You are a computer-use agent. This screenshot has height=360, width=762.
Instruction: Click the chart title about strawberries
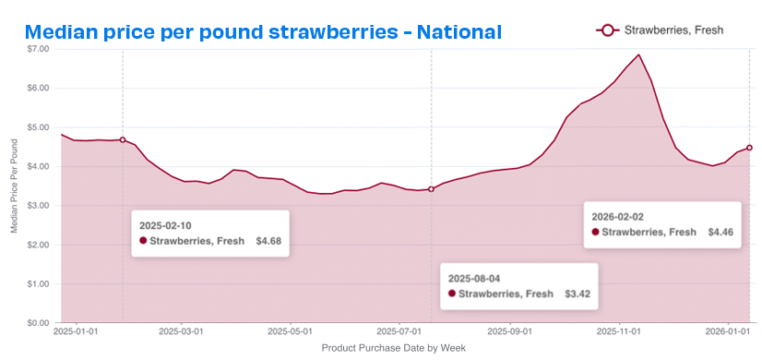263,32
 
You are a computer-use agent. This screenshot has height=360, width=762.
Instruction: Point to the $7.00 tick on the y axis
38,49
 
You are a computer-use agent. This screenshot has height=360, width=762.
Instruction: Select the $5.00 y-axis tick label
38,127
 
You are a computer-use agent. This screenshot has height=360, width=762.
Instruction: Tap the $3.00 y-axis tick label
38,206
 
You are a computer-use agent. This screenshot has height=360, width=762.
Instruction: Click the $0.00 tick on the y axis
38,323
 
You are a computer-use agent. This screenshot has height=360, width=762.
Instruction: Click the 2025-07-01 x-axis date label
399,330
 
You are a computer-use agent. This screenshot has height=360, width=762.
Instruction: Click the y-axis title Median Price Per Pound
14,185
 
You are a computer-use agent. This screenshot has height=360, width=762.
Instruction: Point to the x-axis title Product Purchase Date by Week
394,348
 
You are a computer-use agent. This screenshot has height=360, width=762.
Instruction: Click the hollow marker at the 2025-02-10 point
123,139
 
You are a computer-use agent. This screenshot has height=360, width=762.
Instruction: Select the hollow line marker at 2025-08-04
431,189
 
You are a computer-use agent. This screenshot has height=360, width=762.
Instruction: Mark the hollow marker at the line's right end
749,148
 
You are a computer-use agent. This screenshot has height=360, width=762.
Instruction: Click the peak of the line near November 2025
638,54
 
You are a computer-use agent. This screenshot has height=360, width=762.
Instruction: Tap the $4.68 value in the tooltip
268,241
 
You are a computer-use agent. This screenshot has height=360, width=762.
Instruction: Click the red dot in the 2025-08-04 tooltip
452,294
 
